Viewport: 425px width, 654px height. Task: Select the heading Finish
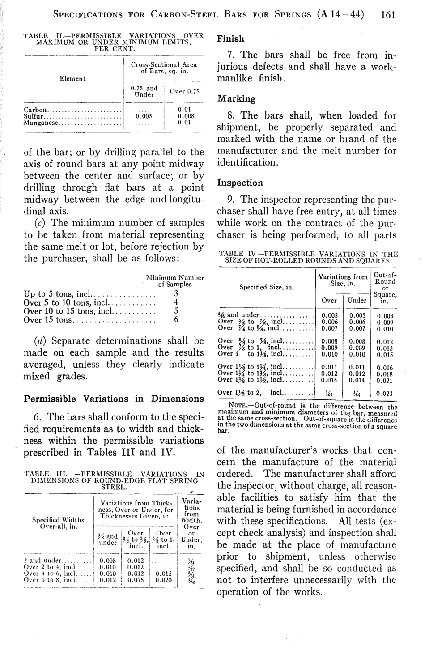point(230,39)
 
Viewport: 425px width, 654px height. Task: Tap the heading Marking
point(236,99)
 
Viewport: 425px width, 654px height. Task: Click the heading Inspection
point(240,183)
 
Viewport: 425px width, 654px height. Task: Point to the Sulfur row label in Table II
point(33,115)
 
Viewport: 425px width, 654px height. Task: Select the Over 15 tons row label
point(47,320)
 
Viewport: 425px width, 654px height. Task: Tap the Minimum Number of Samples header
point(175,280)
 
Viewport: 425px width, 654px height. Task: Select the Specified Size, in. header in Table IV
point(267,286)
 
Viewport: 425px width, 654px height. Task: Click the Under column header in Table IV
point(357,301)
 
